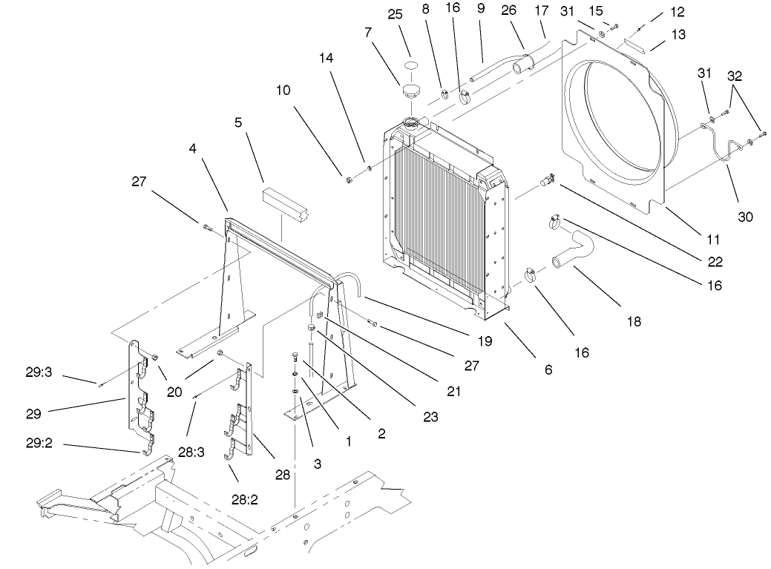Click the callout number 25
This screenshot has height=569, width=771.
(415, 14)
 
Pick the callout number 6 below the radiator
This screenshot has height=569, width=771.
(548, 369)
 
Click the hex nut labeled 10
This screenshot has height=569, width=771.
(347, 178)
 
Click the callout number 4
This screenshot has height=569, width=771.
(191, 149)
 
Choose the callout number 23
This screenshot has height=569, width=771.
(431, 417)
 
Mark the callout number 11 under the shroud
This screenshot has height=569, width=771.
(713, 240)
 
